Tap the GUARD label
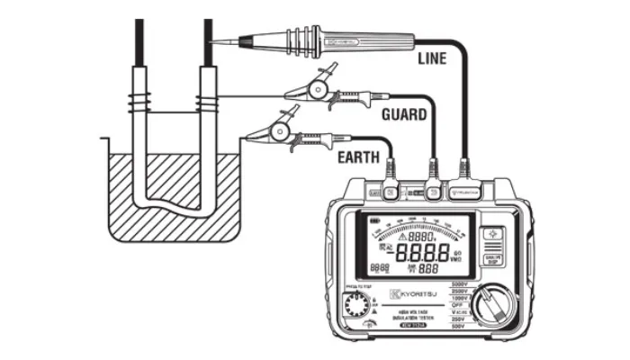point(404,115)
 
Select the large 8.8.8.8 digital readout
point(436,255)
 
